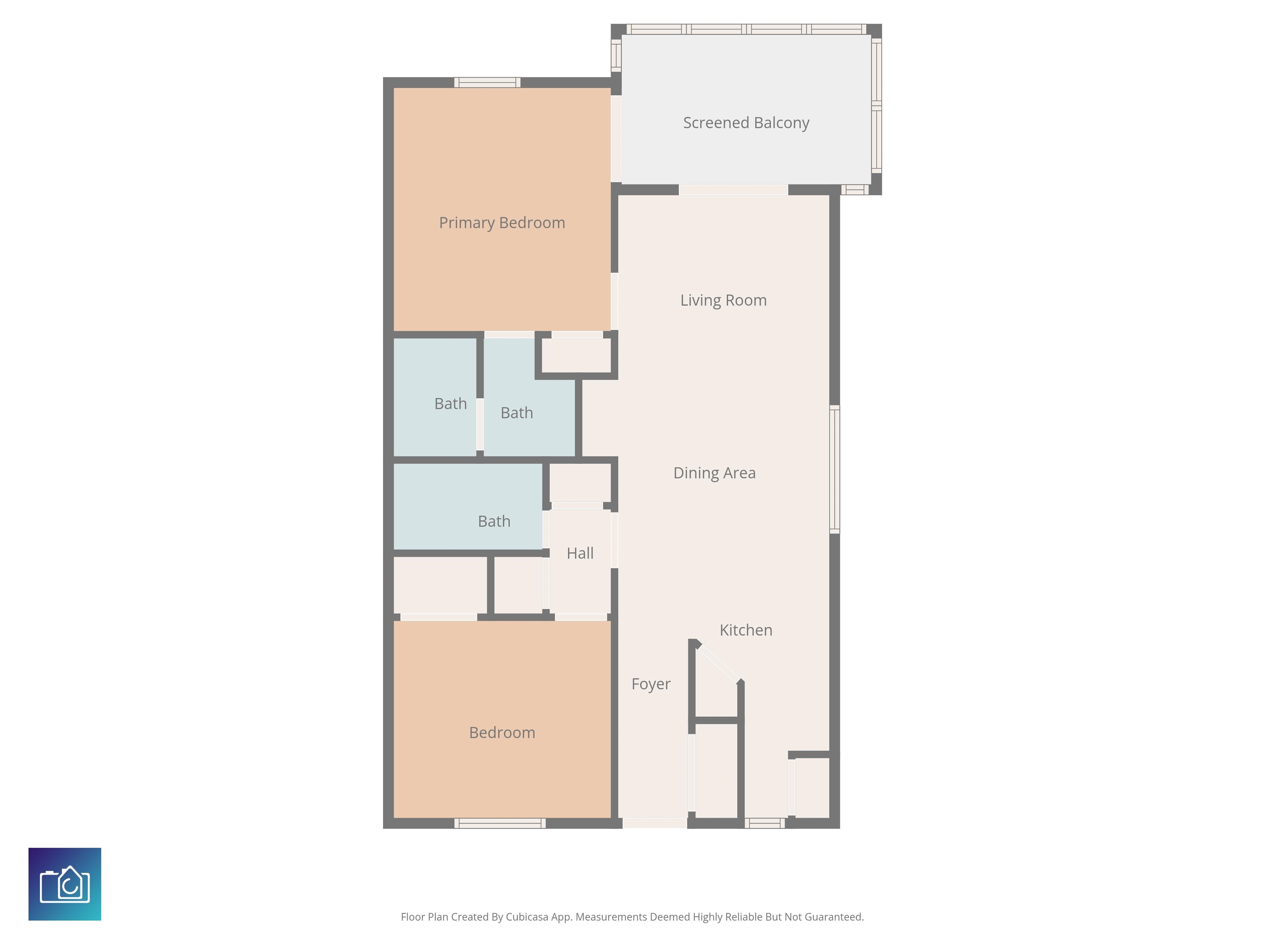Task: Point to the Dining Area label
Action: point(714,473)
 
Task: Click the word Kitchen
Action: point(746,630)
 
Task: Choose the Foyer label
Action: point(651,684)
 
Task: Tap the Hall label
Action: point(580,553)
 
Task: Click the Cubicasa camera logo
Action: point(65,884)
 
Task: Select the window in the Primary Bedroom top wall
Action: point(487,82)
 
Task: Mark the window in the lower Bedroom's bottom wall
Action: point(500,823)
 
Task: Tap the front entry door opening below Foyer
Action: point(655,823)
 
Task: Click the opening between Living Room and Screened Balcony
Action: point(733,190)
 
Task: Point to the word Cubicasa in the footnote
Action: point(527,917)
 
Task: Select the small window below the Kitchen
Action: point(765,823)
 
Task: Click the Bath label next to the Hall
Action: point(494,521)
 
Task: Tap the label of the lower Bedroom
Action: point(502,733)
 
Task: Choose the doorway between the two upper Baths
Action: point(480,424)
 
